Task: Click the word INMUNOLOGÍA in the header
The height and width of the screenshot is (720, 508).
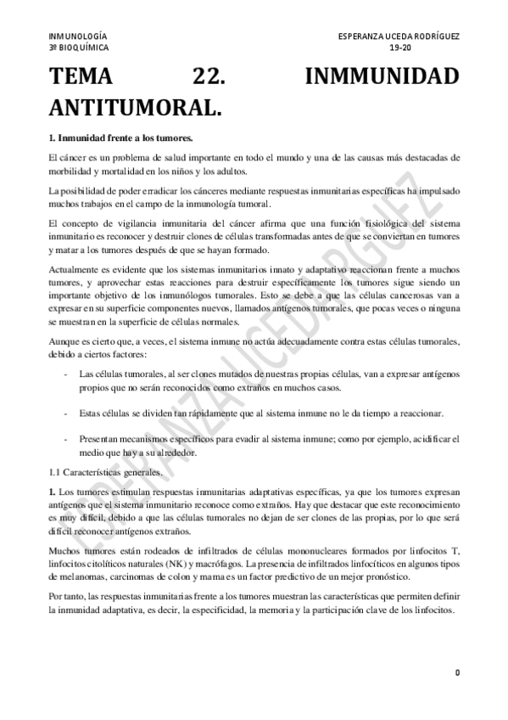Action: pyautogui.click(x=78, y=37)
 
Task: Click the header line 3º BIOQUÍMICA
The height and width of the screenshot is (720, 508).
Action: pyautogui.click(x=79, y=48)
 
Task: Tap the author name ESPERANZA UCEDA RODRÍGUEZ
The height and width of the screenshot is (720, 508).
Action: pyautogui.click(x=398, y=37)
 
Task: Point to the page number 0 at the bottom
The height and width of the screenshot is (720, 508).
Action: pyautogui.click(x=457, y=673)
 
